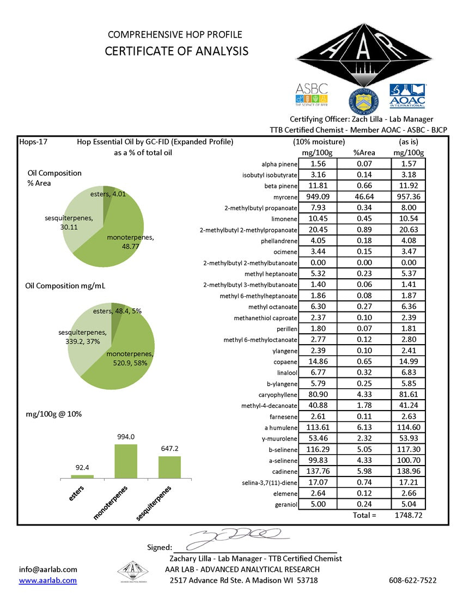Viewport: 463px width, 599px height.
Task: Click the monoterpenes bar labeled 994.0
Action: coord(125,461)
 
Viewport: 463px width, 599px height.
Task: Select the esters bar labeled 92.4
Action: coord(82,476)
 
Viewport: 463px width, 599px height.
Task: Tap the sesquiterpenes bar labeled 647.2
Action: coord(169,467)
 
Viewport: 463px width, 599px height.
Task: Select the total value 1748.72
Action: coord(408,515)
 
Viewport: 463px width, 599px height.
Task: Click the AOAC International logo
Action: coord(407,96)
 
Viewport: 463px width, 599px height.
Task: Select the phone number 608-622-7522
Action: coord(413,580)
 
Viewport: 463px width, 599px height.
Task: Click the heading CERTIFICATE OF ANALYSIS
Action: coord(176,51)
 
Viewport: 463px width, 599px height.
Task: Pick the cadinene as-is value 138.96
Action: coord(408,472)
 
